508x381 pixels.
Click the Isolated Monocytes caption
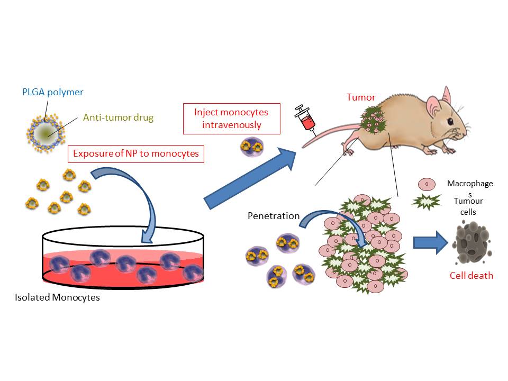pos(58,297)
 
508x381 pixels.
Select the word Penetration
pos(273,216)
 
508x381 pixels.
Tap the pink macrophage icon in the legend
pos(427,184)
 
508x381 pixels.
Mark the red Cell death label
pos(471,275)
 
